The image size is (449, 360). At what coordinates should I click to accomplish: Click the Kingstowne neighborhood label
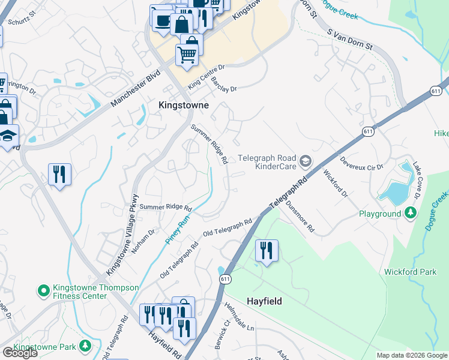(184, 105)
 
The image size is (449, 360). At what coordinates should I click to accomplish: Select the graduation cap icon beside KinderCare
(306, 161)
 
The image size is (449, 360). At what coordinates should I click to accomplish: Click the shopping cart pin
(187, 55)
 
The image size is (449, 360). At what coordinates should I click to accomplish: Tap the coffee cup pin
(161, 20)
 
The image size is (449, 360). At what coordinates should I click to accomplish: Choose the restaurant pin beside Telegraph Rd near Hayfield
(267, 250)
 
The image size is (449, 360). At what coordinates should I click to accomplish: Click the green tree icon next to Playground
(411, 212)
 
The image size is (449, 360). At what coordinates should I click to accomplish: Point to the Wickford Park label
(410, 272)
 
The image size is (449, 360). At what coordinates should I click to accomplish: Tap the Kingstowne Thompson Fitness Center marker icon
(43, 292)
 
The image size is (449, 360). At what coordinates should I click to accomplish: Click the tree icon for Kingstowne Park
(85, 346)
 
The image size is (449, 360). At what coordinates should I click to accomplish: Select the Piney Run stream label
(178, 229)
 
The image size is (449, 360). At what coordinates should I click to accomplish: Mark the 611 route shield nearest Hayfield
(224, 280)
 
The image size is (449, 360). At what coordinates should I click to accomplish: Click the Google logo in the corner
(20, 353)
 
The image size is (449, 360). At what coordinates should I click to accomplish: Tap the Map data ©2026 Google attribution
(411, 355)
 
